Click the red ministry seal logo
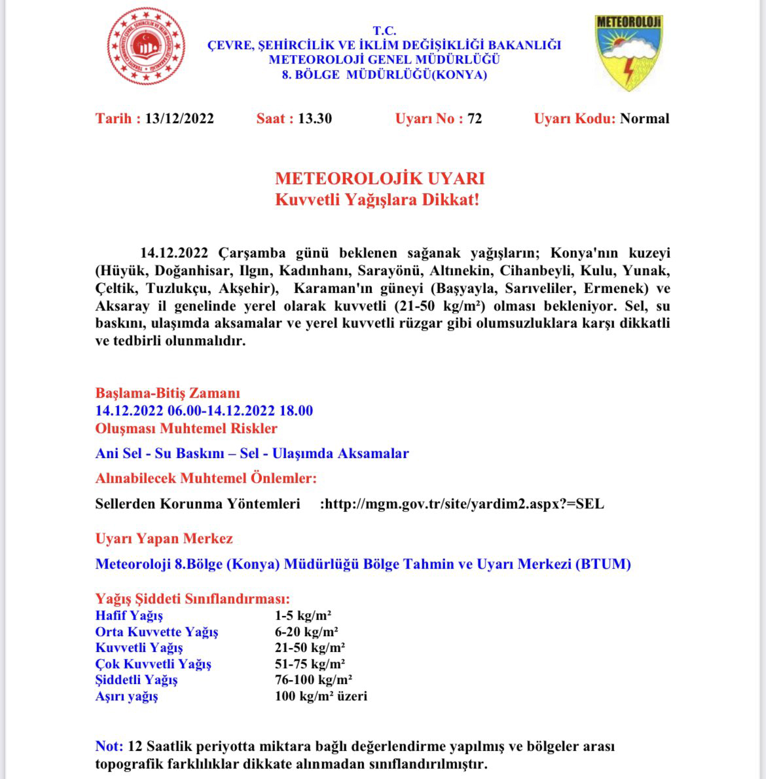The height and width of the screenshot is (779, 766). click(x=146, y=47)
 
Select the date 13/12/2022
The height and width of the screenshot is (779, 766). click(x=179, y=119)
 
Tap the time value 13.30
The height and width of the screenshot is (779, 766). click(x=315, y=119)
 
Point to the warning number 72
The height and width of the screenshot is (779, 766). click(x=475, y=119)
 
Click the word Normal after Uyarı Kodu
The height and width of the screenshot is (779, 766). click(x=644, y=119)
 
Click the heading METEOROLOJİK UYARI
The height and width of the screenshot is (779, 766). click(x=380, y=179)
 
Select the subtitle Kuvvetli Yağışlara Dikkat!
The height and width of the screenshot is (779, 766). click(x=377, y=200)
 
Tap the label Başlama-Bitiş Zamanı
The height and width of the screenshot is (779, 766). click(x=168, y=393)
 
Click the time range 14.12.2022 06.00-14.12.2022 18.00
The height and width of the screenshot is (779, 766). click(x=204, y=411)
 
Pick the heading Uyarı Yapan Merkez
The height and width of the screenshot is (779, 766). click(x=164, y=539)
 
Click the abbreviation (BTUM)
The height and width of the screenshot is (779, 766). click(x=602, y=564)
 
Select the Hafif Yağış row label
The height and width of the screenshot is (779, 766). click(x=129, y=616)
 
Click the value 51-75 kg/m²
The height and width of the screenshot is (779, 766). click(x=310, y=664)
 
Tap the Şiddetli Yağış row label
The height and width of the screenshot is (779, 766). click(x=136, y=679)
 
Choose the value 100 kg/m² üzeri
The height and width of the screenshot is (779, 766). click(x=321, y=696)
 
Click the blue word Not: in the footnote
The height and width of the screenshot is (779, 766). click(x=109, y=746)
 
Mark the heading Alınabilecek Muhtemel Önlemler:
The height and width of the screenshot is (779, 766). click(x=206, y=478)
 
